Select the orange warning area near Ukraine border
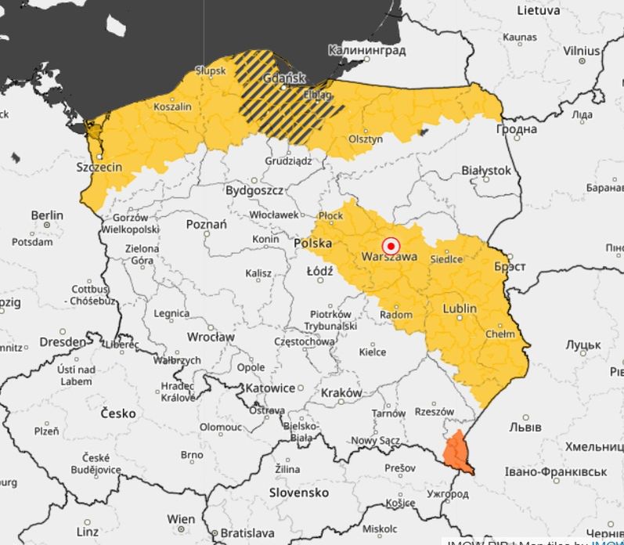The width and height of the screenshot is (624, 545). (x=455, y=453)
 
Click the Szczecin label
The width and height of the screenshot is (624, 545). (x=99, y=168)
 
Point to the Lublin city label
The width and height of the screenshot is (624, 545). (x=459, y=309)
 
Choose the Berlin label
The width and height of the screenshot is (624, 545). (x=47, y=215)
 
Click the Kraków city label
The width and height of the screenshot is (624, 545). (x=341, y=392)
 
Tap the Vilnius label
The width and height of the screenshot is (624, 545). (x=581, y=50)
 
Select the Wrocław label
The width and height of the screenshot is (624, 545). (x=211, y=337)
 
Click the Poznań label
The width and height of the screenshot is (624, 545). (x=206, y=225)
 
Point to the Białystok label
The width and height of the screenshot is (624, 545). (x=486, y=170)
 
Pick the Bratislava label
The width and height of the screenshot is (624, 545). (x=233, y=532)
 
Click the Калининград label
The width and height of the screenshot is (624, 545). (x=367, y=51)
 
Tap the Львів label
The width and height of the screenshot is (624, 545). (x=525, y=428)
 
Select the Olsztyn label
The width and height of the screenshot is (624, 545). (x=366, y=139)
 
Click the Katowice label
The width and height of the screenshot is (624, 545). (x=269, y=388)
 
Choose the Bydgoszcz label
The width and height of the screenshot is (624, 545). (x=254, y=190)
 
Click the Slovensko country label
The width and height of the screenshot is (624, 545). (x=298, y=493)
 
